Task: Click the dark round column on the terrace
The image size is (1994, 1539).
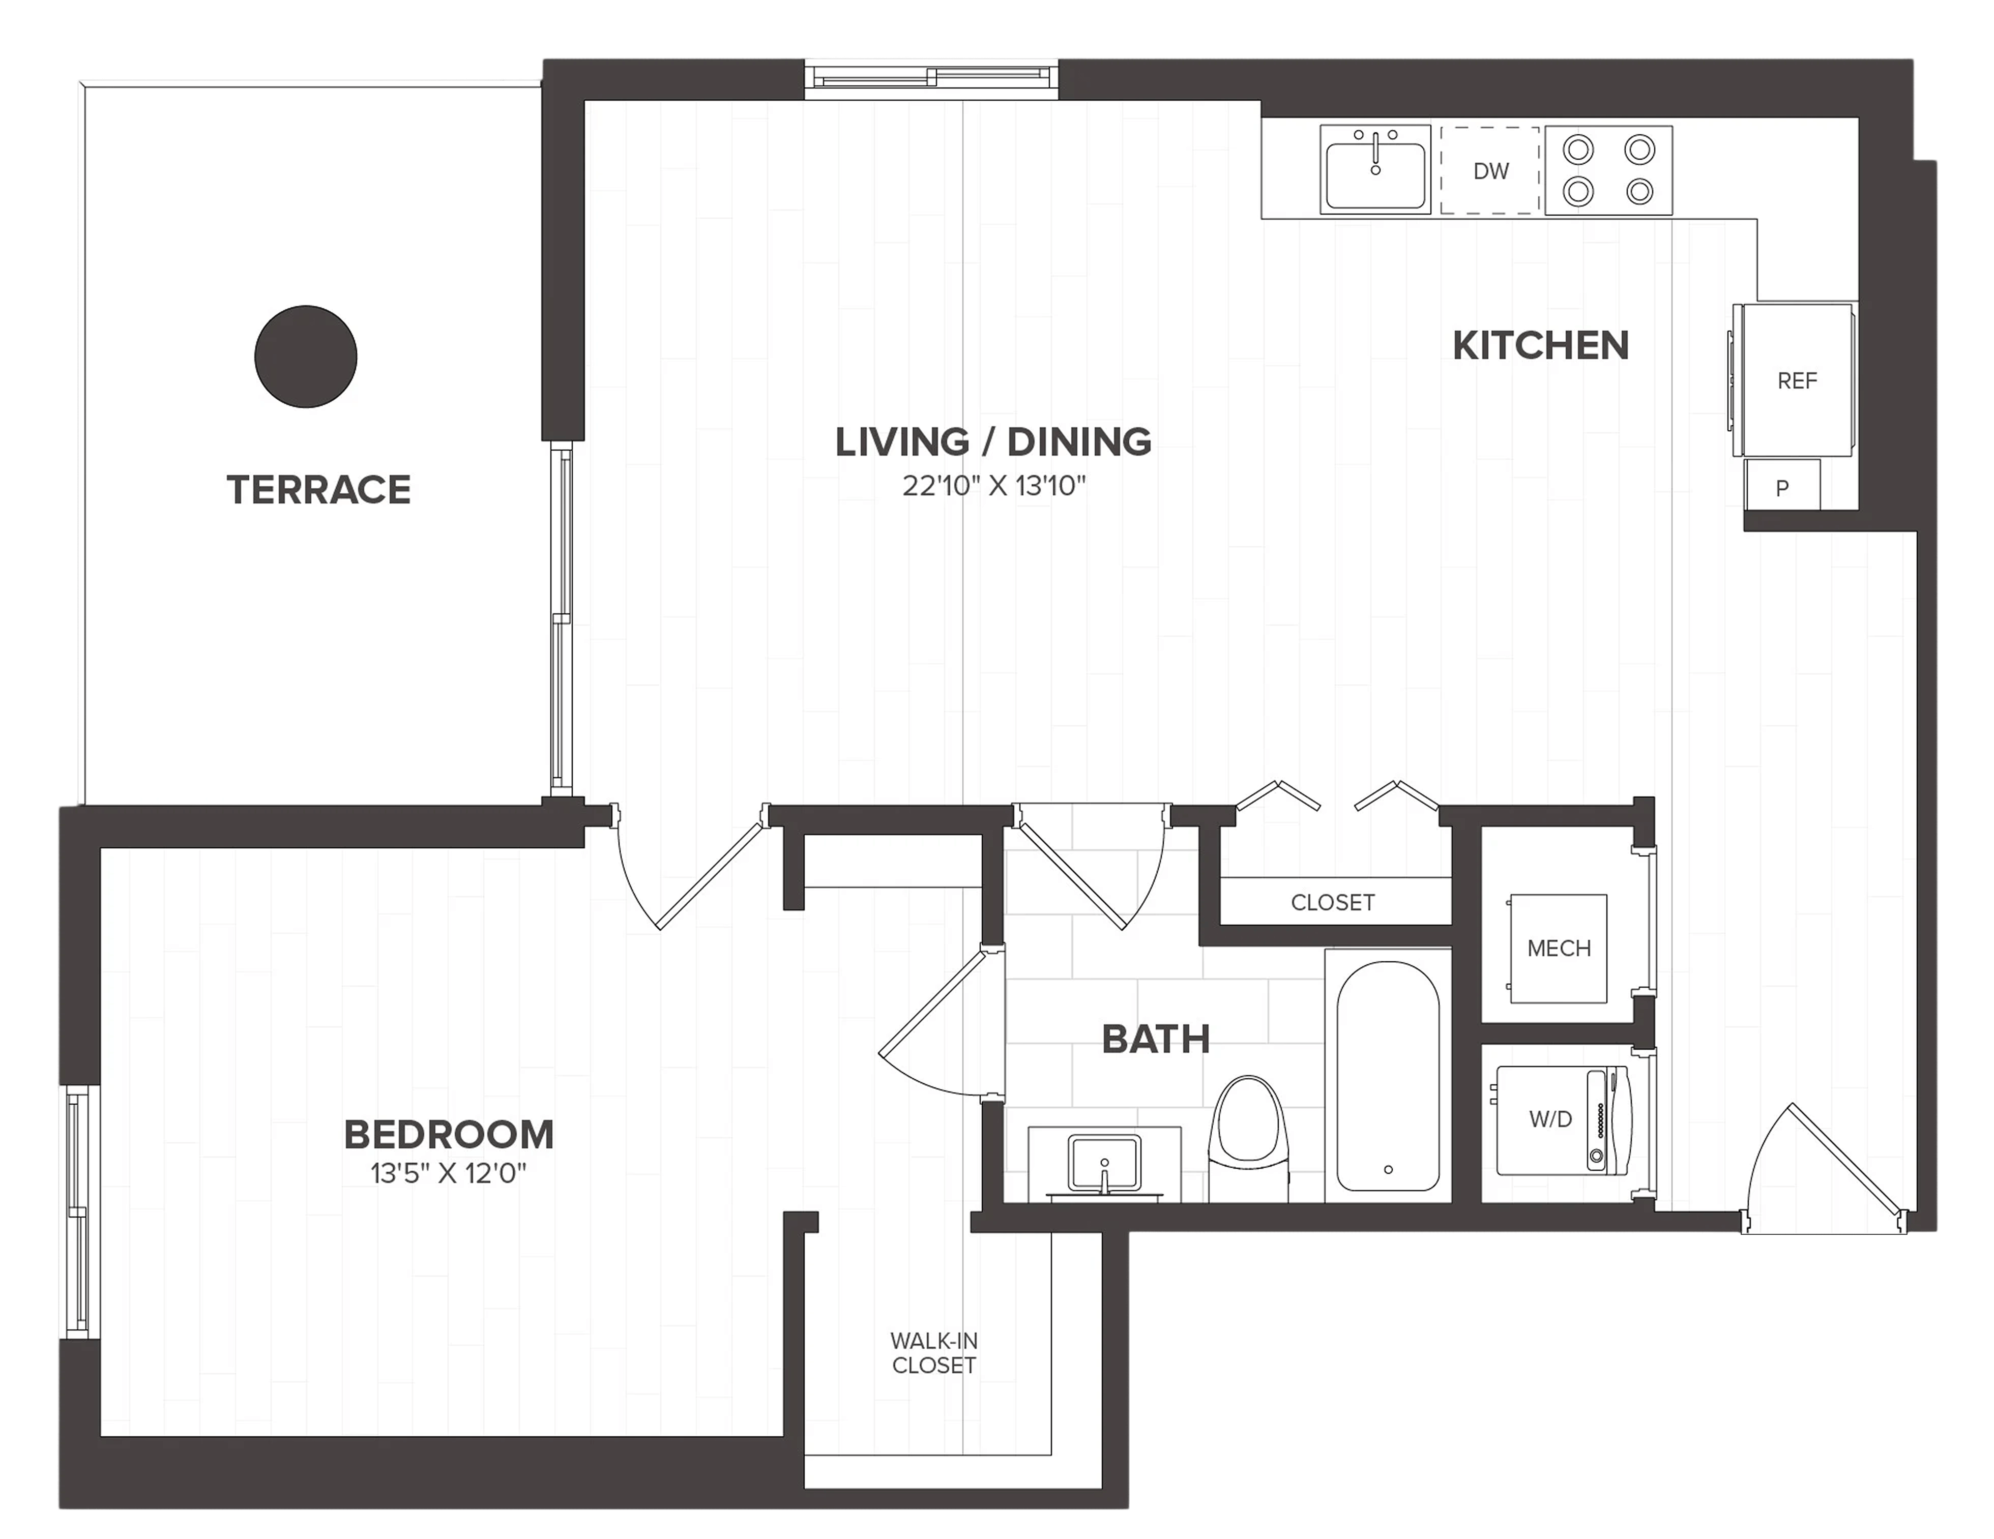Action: pyautogui.click(x=306, y=356)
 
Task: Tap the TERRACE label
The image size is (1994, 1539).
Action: pyautogui.click(x=318, y=490)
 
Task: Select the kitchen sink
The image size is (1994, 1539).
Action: pyautogui.click(x=1375, y=170)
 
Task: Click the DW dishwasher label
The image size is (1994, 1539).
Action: pyautogui.click(x=1491, y=171)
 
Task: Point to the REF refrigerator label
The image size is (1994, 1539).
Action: pyautogui.click(x=1797, y=380)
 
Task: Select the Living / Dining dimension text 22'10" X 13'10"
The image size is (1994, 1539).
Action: pyautogui.click(x=994, y=486)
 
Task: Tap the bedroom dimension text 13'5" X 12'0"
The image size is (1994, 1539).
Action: pyautogui.click(x=448, y=1173)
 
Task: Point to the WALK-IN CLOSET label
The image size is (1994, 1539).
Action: pyautogui.click(x=934, y=1353)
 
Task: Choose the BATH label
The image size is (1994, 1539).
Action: pyautogui.click(x=1156, y=1039)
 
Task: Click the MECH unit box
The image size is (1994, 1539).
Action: pyautogui.click(x=1559, y=949)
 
